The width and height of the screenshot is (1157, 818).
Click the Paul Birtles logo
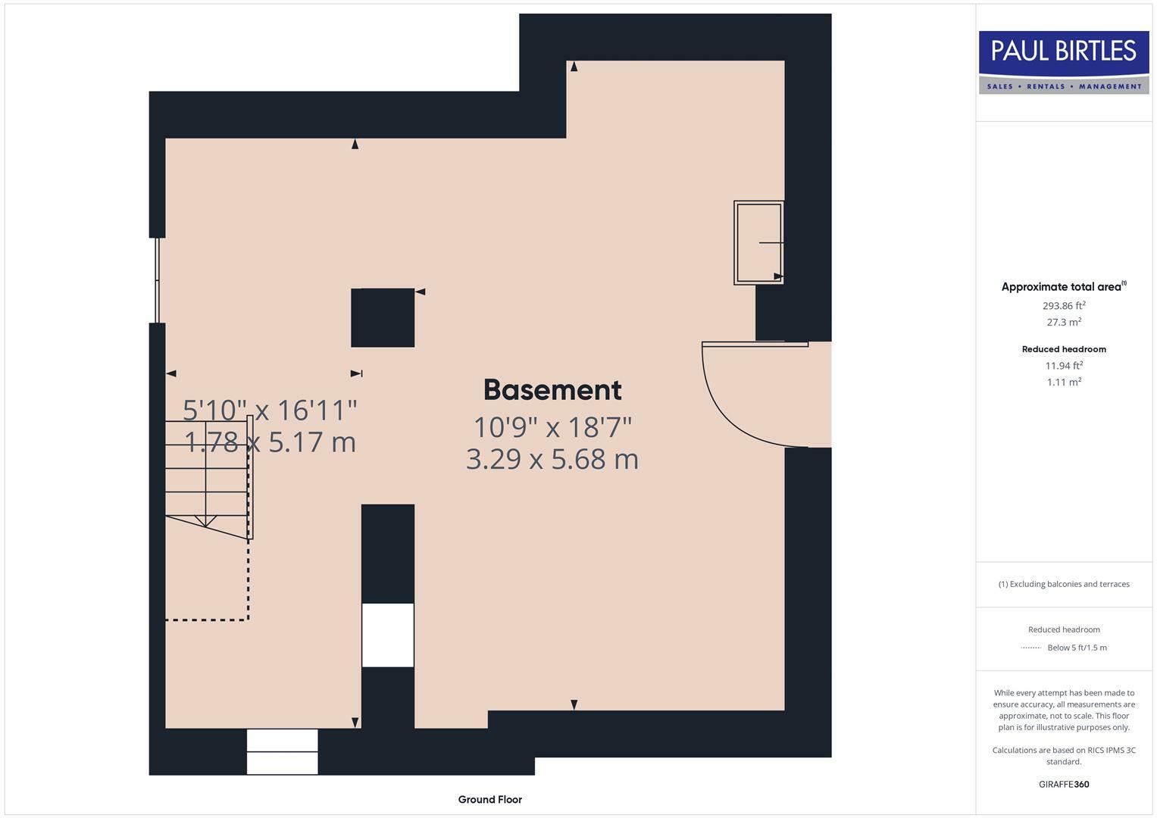(1064, 62)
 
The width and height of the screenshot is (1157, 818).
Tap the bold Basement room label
(552, 390)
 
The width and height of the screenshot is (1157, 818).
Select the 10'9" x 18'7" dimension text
(552, 427)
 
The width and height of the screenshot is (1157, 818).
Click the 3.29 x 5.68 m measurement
(552, 459)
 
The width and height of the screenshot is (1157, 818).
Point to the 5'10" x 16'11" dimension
(270, 411)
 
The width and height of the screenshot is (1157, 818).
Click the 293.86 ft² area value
(1064, 306)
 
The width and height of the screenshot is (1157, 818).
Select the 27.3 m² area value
(1064, 322)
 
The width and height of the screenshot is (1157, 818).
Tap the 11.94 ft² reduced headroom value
(1064, 366)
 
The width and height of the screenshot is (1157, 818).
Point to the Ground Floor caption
(489, 799)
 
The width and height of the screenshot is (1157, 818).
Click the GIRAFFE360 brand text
(1064, 784)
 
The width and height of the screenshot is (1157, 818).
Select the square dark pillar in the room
(383, 317)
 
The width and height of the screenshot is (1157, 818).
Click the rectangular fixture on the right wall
(758, 242)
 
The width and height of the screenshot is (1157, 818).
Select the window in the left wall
(158, 280)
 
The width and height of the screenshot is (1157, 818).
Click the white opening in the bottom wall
(282, 751)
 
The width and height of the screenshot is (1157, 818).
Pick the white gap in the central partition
(388, 635)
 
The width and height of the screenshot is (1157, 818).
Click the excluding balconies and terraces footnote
(1064, 584)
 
